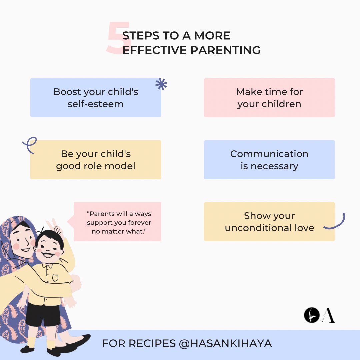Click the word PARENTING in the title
pyautogui.click(x=225, y=50)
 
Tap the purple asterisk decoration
pyautogui.click(x=161, y=85)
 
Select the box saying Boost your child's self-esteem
pyautogui.click(x=96, y=98)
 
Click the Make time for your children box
pyautogui.click(x=269, y=98)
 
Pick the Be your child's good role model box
pyautogui.click(x=96, y=160)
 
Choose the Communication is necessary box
pyautogui.click(x=269, y=160)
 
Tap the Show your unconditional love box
pyautogui.click(x=269, y=222)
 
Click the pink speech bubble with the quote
pyautogui.click(x=118, y=222)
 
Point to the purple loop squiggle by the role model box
pyautogui.click(x=30, y=145)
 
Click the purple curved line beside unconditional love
pyautogui.click(x=336, y=223)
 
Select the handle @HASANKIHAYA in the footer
pyautogui.click(x=225, y=343)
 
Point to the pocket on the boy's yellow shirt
pyautogui.click(x=55, y=277)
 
